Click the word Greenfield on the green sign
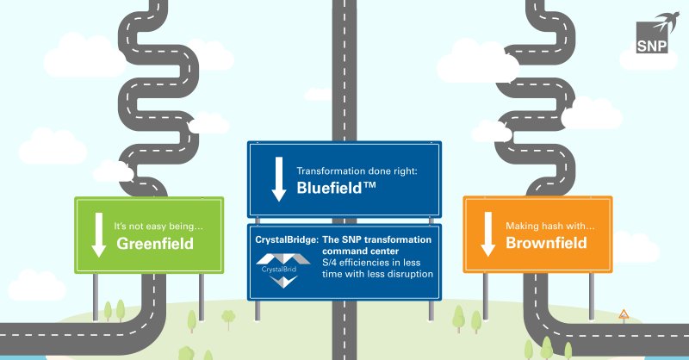[154, 244]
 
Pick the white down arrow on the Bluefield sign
[277, 180]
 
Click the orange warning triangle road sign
[623, 314]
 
